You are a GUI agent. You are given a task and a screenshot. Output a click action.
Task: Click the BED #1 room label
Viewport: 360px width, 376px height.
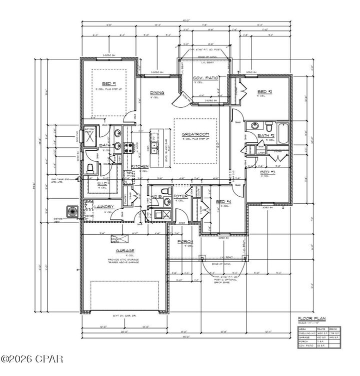pos(109,83)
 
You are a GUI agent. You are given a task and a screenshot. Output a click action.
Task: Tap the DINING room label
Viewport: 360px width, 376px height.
pos(157,92)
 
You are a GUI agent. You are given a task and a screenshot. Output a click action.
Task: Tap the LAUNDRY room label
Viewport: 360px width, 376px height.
pos(104,207)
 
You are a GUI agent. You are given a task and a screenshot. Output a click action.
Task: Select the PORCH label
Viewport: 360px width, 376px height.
pos(185,242)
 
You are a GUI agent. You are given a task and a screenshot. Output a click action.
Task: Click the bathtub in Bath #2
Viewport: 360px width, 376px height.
pos(283,132)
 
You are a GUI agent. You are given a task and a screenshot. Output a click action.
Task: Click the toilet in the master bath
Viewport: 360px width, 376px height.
pos(90,168)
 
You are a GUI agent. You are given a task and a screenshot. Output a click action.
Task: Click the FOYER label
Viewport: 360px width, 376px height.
pos(180,196)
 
